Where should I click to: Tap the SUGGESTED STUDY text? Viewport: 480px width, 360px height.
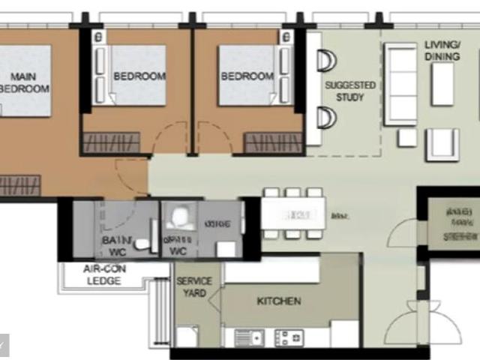point(349,91)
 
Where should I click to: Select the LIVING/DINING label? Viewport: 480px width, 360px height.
point(442,50)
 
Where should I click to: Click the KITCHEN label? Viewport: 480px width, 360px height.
point(279,301)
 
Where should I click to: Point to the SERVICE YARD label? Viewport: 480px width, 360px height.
point(194,286)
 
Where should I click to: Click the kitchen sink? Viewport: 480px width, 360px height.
point(249,337)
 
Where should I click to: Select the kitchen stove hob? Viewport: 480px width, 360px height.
point(289,337)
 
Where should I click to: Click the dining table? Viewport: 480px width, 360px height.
point(293,214)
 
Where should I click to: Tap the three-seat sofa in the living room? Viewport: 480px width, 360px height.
point(400,82)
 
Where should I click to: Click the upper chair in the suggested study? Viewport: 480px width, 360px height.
point(328,61)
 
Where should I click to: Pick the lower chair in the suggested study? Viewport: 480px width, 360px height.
point(328,117)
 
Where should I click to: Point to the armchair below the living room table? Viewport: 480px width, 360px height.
point(442,144)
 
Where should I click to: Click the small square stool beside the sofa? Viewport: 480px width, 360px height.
point(406,137)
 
